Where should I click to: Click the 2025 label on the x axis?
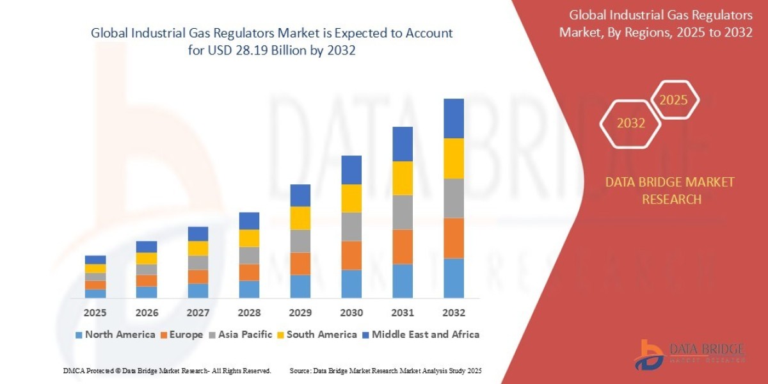point(95,313)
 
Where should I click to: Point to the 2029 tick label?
point(300,313)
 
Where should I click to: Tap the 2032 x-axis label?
point(453,313)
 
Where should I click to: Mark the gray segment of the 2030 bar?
point(351,227)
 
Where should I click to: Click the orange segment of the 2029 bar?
point(300,264)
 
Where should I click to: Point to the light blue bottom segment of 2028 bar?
point(249,289)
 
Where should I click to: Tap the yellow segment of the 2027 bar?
point(198,248)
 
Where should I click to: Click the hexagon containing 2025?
point(673,100)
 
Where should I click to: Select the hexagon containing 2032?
point(631,124)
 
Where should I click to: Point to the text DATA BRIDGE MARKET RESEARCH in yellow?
point(670,191)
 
